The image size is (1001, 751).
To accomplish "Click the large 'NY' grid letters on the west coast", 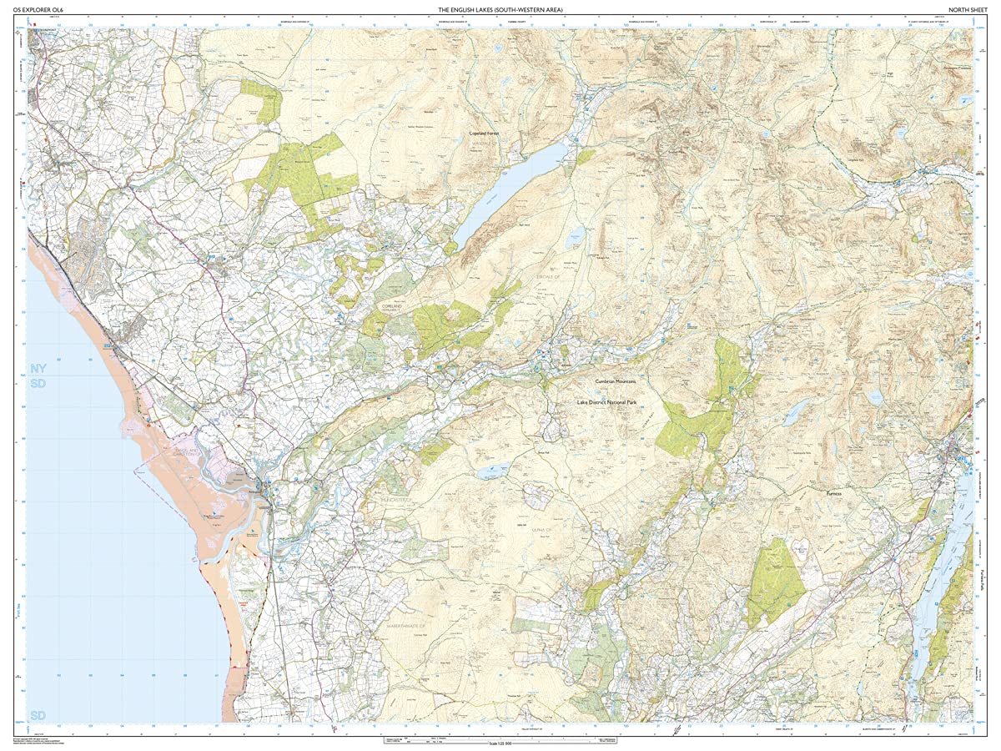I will click(x=38, y=368).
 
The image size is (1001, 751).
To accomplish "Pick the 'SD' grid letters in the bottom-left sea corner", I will click(x=38, y=715).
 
